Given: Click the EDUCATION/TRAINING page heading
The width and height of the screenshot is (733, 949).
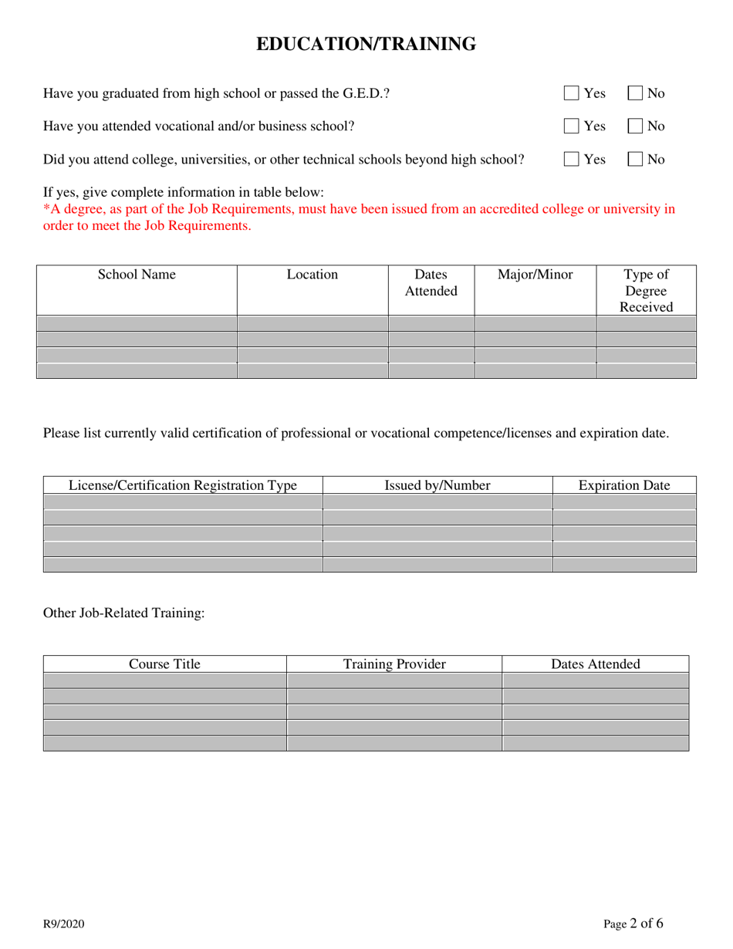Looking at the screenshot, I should (366, 45).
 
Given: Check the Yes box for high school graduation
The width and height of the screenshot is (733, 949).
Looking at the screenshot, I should (571, 93).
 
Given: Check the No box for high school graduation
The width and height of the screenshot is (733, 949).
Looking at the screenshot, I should (635, 93).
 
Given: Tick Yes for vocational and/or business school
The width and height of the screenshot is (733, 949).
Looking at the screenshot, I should (571, 126).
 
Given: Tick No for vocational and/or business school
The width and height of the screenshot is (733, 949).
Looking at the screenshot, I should (635, 126).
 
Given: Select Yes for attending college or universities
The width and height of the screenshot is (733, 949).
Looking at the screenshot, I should (571, 159).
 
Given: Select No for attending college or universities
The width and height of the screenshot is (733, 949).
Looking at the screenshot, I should (635, 159).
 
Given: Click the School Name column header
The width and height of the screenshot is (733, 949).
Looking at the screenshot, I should (137, 275).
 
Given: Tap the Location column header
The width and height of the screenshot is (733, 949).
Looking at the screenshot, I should (312, 275).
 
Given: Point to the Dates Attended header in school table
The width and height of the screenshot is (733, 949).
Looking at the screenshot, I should (431, 282).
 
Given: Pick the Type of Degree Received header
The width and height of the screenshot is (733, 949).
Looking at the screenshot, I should (646, 290).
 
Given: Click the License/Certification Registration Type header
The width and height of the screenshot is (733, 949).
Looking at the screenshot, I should (183, 485).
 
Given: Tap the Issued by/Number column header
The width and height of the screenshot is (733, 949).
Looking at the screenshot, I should (437, 485).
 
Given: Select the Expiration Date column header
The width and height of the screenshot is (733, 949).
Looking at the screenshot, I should (624, 485).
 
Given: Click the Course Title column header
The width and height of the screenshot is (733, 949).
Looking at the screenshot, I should (164, 664).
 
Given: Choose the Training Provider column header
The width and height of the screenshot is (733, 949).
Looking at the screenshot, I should (394, 664).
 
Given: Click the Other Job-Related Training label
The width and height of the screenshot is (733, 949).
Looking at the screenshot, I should (124, 613).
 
